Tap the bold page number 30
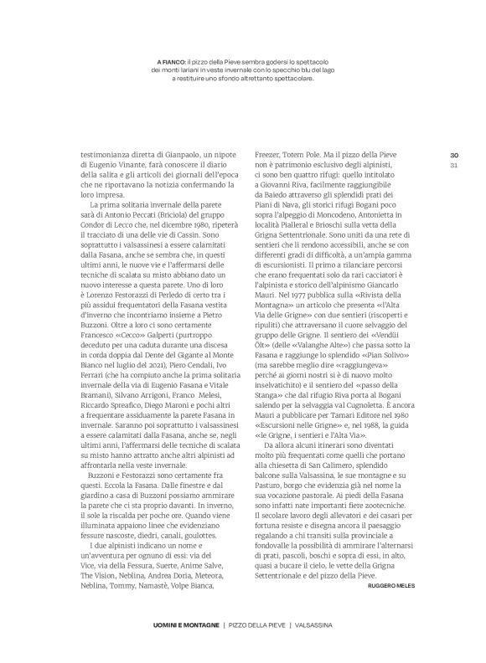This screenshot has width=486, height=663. point(454,155)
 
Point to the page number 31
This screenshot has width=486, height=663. point(454,164)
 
